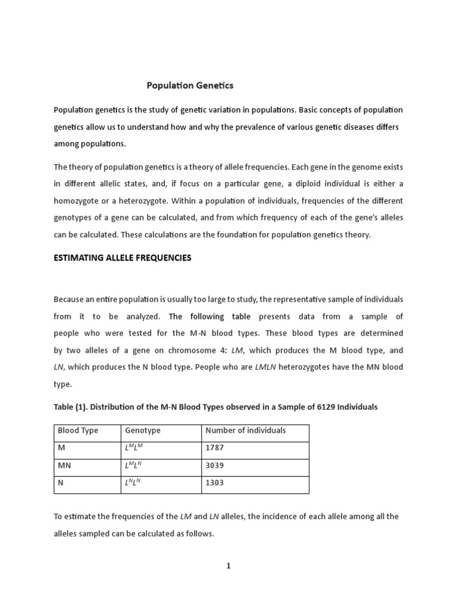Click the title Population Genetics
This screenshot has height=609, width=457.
(190, 86)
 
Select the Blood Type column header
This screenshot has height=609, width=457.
(78, 430)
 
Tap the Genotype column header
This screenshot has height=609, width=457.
(143, 430)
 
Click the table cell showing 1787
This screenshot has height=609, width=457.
(215, 448)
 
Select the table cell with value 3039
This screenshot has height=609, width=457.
(215, 465)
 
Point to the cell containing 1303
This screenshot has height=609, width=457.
(215, 482)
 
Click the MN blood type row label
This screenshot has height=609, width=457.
(64, 465)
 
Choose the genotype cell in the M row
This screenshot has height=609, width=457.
(133, 448)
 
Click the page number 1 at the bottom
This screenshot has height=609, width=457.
(227, 566)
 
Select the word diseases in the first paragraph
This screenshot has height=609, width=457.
(352, 128)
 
